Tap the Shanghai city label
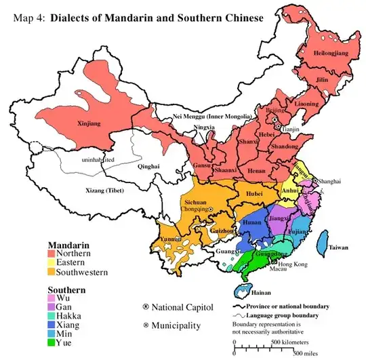click(329, 181)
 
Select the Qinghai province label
click(149, 165)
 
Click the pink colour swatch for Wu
click(52, 296)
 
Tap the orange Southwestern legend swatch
click(52, 272)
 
